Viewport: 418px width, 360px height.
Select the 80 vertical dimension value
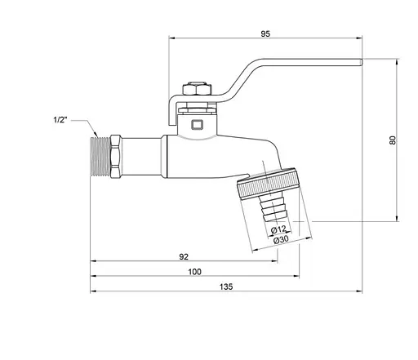click(392, 140)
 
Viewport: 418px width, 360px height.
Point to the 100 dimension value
click(194, 271)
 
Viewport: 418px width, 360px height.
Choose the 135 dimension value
click(226, 286)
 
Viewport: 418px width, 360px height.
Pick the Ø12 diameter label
click(278, 229)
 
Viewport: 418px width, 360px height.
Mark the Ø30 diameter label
click(279, 239)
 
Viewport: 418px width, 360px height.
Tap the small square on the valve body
click(194, 125)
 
